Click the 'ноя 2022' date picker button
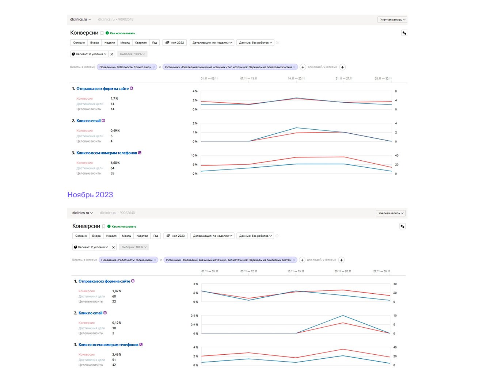(175, 43)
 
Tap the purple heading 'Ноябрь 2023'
(90, 195)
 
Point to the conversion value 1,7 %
(114, 99)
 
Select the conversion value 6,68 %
(115, 163)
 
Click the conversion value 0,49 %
(115, 131)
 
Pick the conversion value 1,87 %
(117, 291)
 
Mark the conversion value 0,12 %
(117, 323)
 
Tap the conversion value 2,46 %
(117, 355)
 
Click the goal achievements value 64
(113, 168)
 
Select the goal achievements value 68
(114, 296)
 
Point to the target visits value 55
(113, 174)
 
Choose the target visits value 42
(114, 365)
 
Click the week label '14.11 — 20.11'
(296, 79)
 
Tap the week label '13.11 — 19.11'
(296, 271)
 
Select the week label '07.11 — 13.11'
(248, 79)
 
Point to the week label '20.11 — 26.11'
(343, 271)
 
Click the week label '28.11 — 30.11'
(383, 79)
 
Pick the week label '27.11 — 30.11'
(381, 271)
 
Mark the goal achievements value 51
(114, 360)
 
